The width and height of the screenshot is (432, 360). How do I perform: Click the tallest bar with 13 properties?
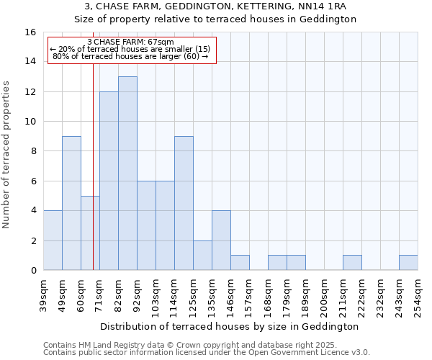[127, 173]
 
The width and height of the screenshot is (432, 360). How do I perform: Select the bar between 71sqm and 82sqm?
[109, 181]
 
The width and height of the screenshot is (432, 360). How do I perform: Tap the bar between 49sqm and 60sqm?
[71, 203]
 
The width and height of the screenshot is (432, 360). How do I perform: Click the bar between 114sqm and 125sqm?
[184, 203]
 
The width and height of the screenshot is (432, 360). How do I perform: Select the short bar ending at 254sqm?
[408, 263]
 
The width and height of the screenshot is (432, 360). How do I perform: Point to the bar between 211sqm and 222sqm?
[352, 263]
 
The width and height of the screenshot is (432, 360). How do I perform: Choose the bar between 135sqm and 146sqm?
[221, 240]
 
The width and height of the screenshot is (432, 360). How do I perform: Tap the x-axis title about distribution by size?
[230, 327]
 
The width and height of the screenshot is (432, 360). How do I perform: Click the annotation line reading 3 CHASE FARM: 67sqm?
[130, 42]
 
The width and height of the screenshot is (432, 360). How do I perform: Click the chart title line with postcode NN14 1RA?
[216, 6]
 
